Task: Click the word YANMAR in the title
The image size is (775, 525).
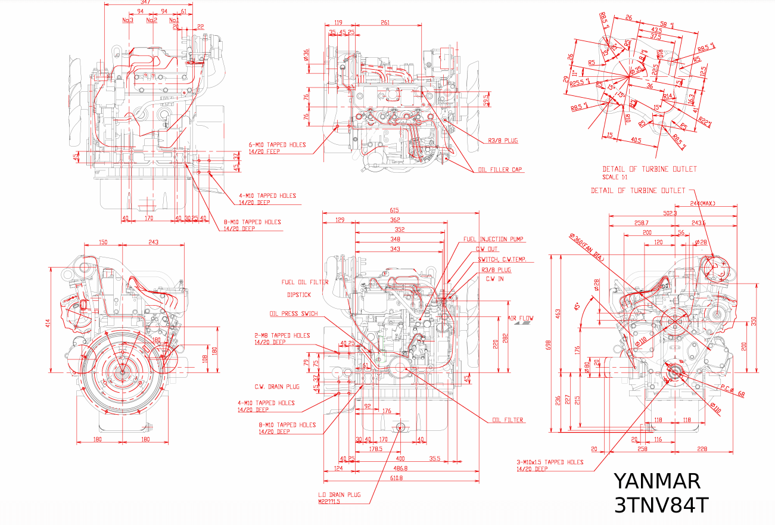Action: (x=656, y=481)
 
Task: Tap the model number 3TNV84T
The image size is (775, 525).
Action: (x=661, y=505)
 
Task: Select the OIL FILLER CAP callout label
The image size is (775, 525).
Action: (x=500, y=170)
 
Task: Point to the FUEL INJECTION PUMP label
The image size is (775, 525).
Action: (x=493, y=239)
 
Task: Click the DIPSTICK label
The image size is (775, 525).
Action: (x=298, y=294)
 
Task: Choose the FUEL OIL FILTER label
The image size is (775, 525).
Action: (x=305, y=282)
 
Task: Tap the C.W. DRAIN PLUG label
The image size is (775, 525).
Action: (x=277, y=387)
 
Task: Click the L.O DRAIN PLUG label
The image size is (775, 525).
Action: (x=339, y=495)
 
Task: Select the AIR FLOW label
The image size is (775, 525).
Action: (x=521, y=318)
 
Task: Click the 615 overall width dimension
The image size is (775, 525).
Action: (x=394, y=210)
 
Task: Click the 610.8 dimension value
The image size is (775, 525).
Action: (x=396, y=478)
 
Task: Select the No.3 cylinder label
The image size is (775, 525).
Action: (x=127, y=20)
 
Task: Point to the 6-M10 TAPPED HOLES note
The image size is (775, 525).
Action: (x=278, y=145)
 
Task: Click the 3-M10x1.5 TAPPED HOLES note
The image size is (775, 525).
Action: (x=550, y=462)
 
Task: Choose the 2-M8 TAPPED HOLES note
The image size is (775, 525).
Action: (x=282, y=335)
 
